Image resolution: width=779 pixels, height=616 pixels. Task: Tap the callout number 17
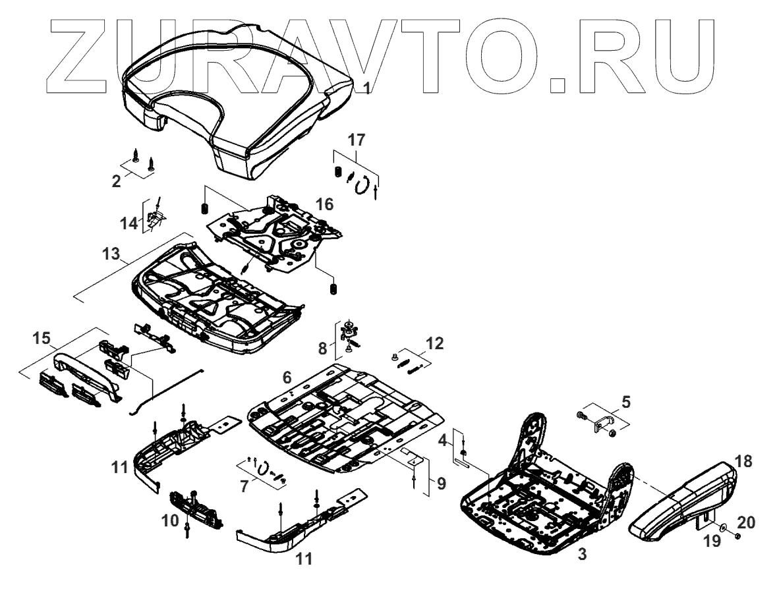(357, 140)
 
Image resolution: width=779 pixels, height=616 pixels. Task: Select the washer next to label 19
(723, 528)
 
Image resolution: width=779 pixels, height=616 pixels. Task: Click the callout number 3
(581, 555)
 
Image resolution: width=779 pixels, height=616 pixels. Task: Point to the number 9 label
(440, 484)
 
